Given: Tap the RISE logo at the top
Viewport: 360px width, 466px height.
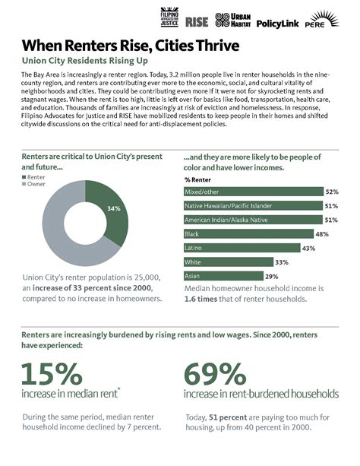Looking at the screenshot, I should [x=197, y=21].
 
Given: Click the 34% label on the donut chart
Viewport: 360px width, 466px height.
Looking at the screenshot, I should [x=113, y=208].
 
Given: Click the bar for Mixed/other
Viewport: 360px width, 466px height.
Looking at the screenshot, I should [x=253, y=192].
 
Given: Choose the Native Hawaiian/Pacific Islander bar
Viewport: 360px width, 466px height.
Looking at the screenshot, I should [x=252, y=205].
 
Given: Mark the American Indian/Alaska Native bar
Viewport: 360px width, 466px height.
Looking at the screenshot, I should [x=252, y=220].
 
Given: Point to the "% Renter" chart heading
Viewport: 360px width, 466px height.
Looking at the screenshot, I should [x=198, y=179].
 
